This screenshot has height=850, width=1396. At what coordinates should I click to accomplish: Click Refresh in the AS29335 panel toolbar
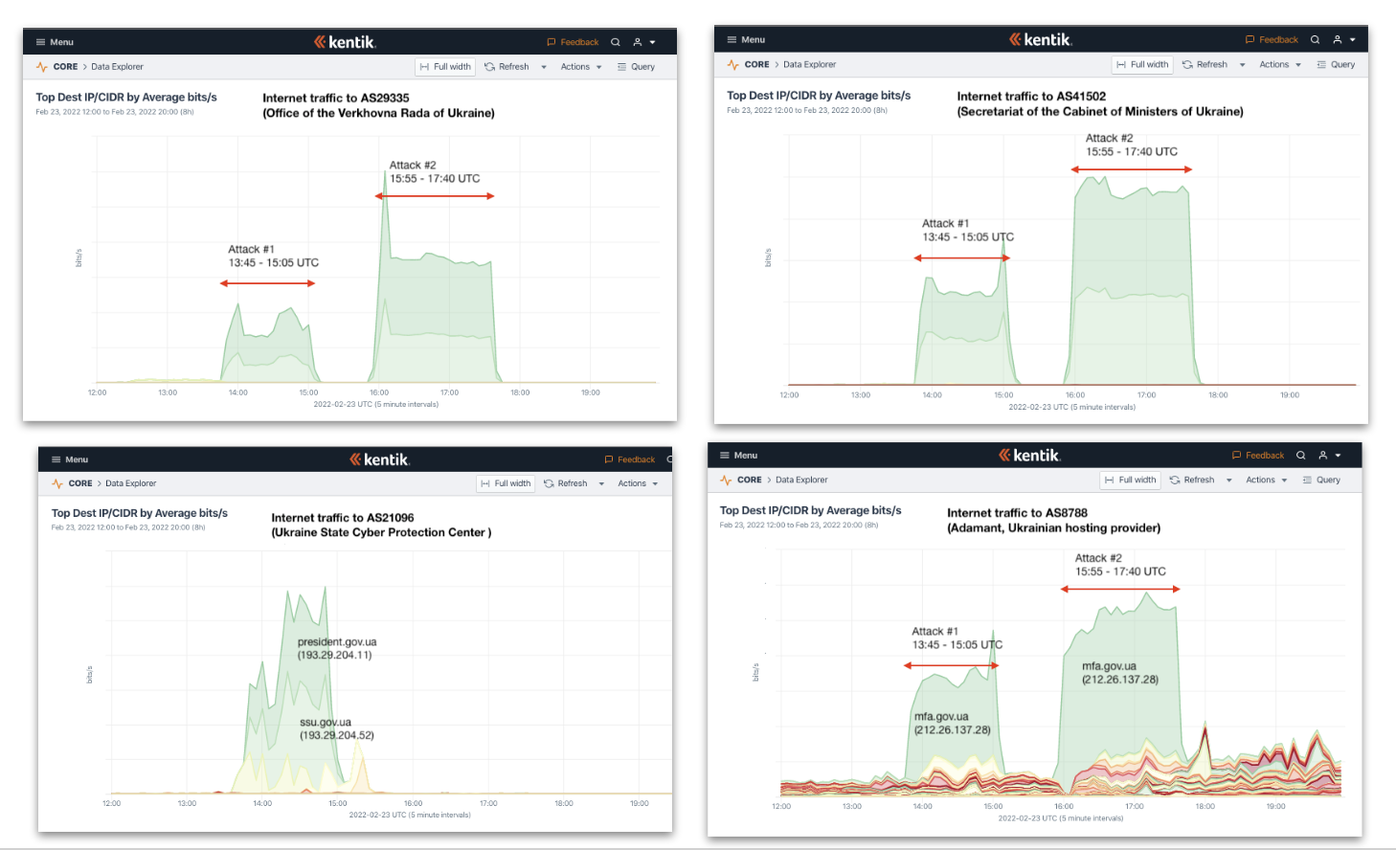507,67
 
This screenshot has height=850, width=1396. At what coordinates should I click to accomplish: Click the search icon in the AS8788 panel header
1301,456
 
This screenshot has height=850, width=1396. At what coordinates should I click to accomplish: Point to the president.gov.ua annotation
336,649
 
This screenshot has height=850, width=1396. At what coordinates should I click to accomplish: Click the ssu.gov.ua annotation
336,729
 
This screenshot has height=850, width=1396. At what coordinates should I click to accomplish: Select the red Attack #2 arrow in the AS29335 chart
435,196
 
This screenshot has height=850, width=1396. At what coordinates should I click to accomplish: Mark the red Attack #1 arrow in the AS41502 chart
961,257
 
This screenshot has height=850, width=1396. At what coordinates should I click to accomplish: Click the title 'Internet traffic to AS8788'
1017,513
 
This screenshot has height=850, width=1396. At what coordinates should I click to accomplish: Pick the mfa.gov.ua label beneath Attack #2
1119,673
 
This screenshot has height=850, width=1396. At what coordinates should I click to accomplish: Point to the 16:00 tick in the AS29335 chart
379,392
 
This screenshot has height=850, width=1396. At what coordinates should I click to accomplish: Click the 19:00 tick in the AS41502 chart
1290,394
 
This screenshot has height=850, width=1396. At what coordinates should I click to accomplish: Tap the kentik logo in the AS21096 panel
380,459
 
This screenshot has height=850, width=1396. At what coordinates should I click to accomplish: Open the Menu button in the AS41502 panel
746,40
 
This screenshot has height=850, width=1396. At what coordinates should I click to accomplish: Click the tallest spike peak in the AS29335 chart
385,173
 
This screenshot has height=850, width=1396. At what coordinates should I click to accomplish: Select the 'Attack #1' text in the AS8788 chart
934,632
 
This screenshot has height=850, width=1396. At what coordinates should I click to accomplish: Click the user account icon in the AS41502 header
1338,40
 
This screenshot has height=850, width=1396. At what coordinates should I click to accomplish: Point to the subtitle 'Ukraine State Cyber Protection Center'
381,533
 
